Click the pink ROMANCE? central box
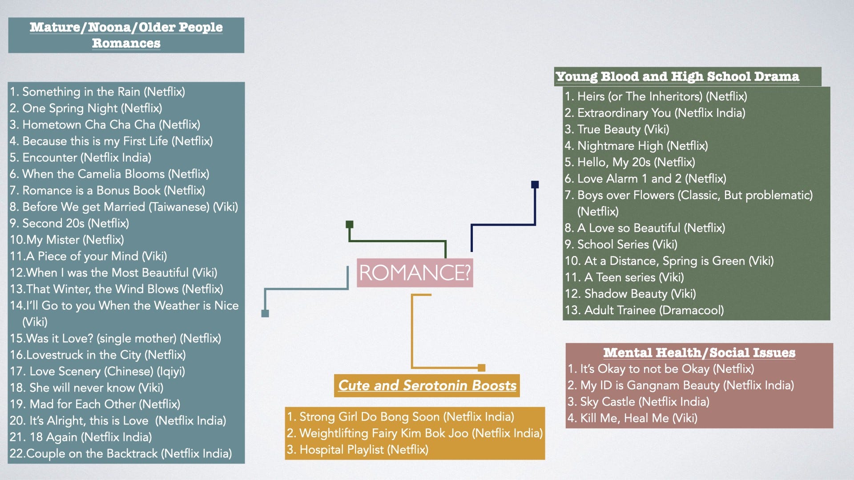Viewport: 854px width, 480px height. pos(415,272)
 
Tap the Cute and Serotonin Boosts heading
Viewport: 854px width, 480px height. pos(427,385)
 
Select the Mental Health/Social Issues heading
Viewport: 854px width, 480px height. pos(699,352)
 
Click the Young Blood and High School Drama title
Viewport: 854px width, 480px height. pos(677,76)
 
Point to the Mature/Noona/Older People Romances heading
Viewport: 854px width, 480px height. pos(126,35)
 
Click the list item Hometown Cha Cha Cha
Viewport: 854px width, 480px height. pos(105,124)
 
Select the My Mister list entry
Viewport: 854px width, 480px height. pos(67,240)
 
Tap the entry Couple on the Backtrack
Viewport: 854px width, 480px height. pos(121,453)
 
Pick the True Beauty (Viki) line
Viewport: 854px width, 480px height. pos(617,129)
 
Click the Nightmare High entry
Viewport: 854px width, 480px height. pos(636,146)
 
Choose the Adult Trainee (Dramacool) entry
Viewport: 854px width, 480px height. pos(645,310)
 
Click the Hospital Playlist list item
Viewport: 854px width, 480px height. pos(358,449)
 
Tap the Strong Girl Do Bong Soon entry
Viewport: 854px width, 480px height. pos(400,416)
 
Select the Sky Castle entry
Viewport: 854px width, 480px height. pos(638,402)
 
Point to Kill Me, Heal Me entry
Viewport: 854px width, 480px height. pos(632,418)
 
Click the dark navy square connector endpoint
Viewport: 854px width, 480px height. pos(535,184)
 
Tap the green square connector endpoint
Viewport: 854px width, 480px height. pos(350,224)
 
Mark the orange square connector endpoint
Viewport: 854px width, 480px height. pos(481,368)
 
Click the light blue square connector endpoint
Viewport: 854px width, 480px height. pos(265,313)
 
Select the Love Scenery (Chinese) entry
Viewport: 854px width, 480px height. pos(97,371)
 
